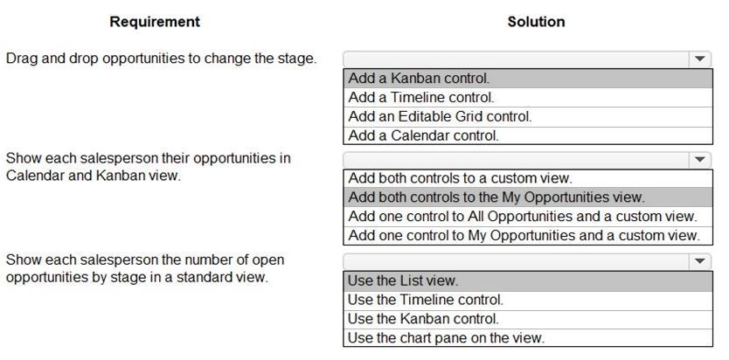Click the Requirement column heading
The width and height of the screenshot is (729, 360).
155,22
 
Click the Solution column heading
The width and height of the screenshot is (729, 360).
536,22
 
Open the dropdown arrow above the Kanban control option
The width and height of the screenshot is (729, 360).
700,59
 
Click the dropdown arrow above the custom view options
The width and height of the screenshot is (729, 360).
700,160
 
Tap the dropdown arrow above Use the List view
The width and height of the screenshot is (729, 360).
700,261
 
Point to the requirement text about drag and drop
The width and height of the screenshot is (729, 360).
162,59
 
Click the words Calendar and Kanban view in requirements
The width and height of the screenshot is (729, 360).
93,176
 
